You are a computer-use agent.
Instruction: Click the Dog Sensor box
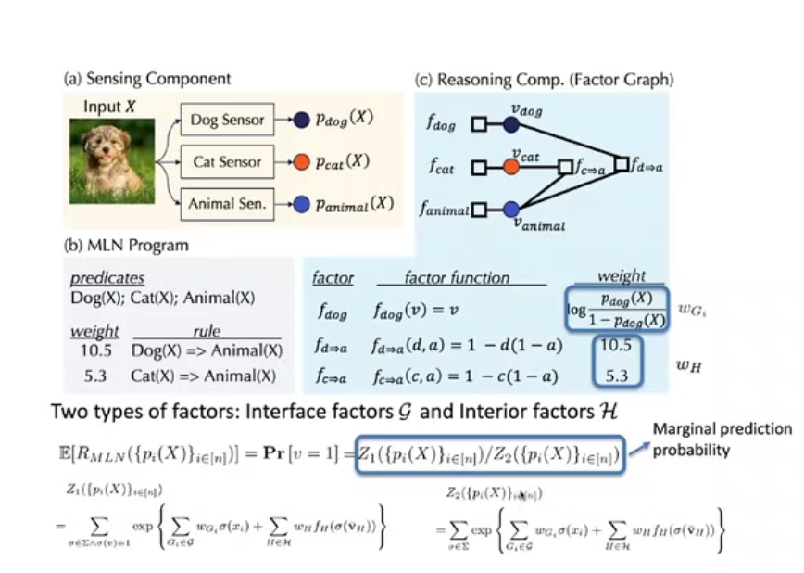coord(227,119)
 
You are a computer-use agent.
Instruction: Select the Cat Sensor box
coord(227,161)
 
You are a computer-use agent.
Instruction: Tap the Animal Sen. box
coord(227,204)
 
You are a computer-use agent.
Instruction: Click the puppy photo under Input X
coord(111,165)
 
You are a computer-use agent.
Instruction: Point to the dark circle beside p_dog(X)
coord(300,120)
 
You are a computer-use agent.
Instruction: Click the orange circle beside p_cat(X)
coord(300,161)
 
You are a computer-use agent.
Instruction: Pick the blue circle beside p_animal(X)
coord(300,204)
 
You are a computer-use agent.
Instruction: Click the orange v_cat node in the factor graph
coord(511,168)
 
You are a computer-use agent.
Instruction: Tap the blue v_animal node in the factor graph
coord(511,210)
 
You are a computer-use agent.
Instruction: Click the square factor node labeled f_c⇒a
coord(563,168)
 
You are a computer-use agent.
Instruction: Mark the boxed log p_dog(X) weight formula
coord(616,310)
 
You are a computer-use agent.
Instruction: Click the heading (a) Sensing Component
coord(147,79)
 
